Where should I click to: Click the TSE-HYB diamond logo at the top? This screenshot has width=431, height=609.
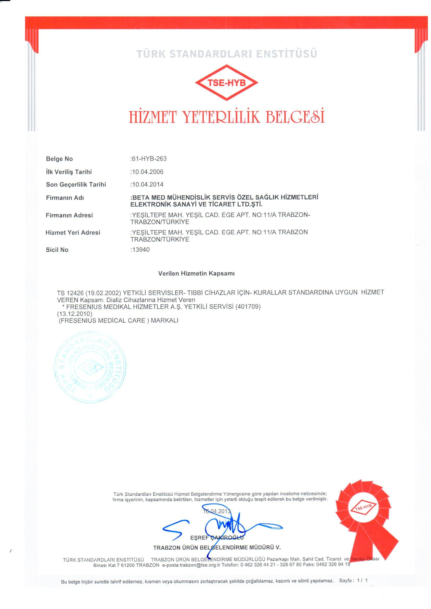[226, 82]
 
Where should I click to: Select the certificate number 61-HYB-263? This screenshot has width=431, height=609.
[149, 159]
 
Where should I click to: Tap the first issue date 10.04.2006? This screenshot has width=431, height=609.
[147, 172]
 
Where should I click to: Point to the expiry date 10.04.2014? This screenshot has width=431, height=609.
[147, 184]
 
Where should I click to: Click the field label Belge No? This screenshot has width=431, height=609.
[59, 159]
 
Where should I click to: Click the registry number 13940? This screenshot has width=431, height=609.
[141, 250]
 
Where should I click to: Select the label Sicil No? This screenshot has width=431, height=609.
[57, 250]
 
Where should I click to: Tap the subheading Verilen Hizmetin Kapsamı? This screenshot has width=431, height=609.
[196, 274]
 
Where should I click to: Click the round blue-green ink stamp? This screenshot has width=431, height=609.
[90, 367]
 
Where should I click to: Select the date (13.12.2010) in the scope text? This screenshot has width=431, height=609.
[74, 314]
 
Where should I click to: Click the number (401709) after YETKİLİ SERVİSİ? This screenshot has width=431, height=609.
[248, 307]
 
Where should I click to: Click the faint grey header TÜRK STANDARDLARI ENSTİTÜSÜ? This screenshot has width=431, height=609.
[226, 54]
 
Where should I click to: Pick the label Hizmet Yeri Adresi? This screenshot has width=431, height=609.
[73, 232]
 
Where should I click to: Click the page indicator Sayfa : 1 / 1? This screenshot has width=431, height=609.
[353, 580]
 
